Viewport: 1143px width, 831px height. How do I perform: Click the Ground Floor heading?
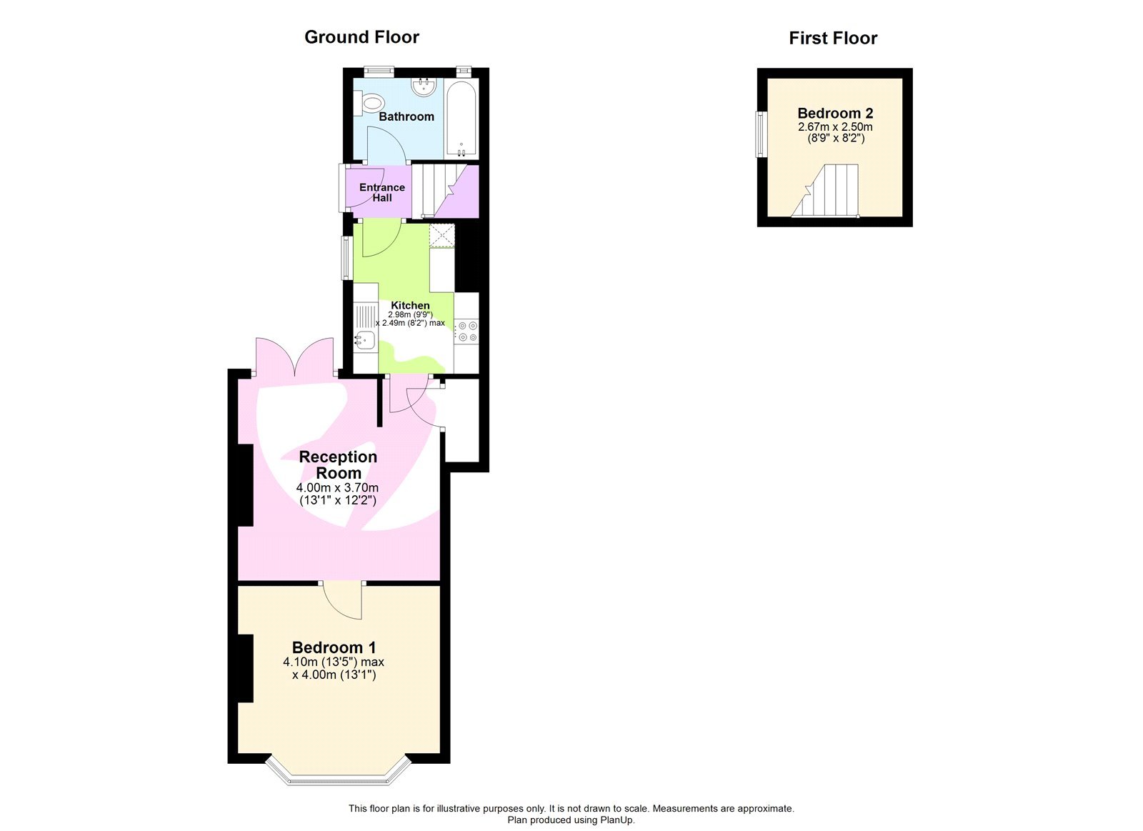pos(361,37)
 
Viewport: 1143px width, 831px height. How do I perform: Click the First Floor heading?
pos(832,39)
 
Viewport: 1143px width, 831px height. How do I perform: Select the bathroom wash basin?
pos(424,87)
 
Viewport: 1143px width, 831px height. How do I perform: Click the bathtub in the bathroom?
pos(461,119)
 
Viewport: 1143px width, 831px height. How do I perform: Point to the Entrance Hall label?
pos(381,192)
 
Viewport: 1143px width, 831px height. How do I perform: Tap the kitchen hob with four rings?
pos(468,331)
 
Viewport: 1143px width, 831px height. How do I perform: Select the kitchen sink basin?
pos(365,340)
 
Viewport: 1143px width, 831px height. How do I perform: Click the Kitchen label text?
pos(410,305)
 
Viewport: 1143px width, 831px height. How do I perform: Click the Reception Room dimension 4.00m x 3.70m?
pos(337,487)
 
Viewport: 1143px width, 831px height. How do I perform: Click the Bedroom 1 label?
pos(334,647)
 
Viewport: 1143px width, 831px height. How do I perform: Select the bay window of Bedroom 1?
pos(339,774)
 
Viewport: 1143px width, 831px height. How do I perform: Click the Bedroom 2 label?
pos(834,113)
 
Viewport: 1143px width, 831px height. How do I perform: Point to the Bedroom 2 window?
pos(761,134)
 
